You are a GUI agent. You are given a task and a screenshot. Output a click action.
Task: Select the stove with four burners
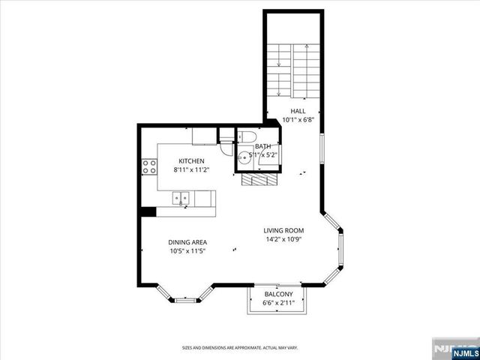coord(148,166)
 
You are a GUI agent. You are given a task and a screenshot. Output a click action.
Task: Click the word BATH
coord(263,147)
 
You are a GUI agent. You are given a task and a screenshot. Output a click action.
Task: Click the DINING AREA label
coord(187,242)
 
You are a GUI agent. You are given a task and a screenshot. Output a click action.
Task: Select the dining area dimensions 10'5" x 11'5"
coord(187,251)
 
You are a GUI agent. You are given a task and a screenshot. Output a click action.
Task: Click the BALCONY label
coord(277,294)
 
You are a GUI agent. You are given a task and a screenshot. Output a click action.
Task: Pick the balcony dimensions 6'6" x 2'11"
coord(277,303)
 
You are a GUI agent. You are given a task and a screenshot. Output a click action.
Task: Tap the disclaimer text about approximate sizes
coord(240,347)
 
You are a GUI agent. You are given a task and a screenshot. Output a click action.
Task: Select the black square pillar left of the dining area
coord(148,211)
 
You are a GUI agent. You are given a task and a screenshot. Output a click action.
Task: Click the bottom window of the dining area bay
coord(186,300)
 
